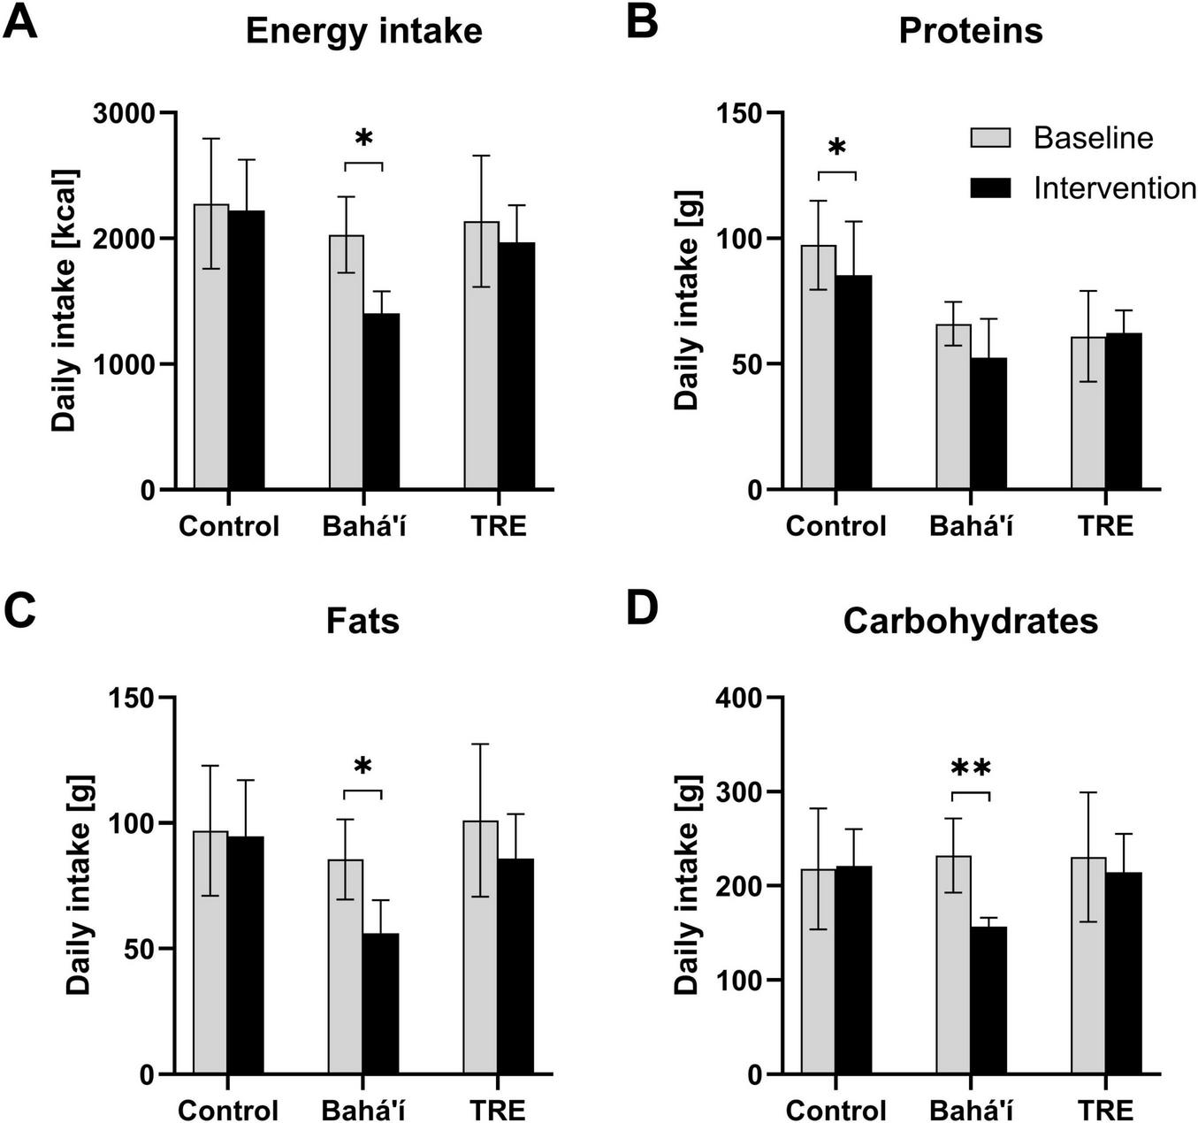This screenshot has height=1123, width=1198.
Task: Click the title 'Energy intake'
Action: (x=363, y=31)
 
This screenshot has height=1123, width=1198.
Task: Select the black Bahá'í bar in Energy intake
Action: (x=381, y=401)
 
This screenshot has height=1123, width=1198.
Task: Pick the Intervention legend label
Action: (x=1114, y=188)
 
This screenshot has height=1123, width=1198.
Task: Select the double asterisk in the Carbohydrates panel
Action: (x=971, y=769)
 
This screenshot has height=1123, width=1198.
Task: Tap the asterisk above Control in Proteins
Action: (x=836, y=148)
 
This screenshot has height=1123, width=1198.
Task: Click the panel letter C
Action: (x=20, y=611)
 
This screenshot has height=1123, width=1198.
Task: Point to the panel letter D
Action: (x=642, y=611)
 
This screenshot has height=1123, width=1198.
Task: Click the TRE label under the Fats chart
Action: (x=498, y=1110)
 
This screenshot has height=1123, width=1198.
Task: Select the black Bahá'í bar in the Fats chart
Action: (x=380, y=1004)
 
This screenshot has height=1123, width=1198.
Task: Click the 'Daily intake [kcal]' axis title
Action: (x=63, y=301)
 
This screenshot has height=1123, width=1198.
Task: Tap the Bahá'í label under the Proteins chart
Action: (x=971, y=526)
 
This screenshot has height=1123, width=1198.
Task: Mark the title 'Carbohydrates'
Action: (x=970, y=621)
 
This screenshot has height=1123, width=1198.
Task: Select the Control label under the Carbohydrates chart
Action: (x=836, y=1110)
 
